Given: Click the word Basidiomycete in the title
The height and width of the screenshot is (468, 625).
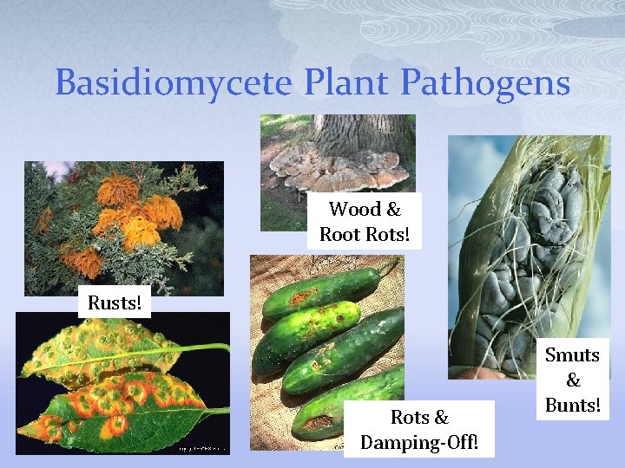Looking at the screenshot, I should point(174,83).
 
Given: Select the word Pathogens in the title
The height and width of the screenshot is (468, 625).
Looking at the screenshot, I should point(486,83).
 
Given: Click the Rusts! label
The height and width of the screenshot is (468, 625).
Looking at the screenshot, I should point(115,303).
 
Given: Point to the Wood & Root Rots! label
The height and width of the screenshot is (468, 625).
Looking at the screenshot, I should point(364,221).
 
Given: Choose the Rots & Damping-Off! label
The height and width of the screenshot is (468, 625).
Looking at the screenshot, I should point(419,429).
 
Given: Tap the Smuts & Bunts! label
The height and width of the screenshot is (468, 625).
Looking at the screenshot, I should point(572,380).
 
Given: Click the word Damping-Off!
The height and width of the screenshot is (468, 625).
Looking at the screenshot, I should point(419,442).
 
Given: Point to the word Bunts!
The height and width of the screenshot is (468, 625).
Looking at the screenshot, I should point(572,405).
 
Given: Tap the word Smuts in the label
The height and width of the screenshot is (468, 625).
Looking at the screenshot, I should point(572,354).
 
